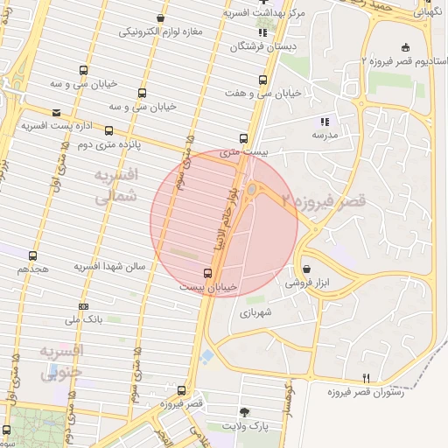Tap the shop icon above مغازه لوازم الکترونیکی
160,17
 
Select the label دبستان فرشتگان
263,46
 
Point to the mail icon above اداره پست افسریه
56,113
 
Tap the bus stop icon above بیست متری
244,138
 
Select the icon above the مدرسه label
324,122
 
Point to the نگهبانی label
428,13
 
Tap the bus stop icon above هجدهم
33,255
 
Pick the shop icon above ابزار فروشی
306,268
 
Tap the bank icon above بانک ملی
83,306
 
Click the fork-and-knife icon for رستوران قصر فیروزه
367,378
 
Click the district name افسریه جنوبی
61,362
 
